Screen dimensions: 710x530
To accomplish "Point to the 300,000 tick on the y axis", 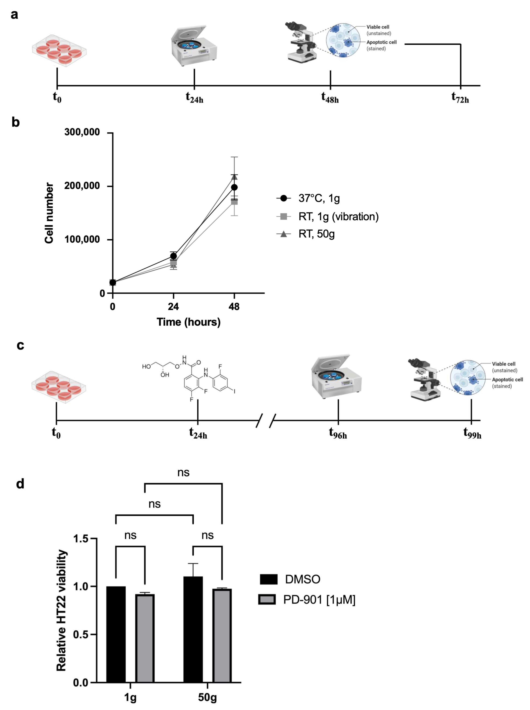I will [x=82, y=132].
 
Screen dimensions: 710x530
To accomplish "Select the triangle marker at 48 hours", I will [x=234, y=177].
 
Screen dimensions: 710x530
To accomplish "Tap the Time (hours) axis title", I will [x=189, y=322].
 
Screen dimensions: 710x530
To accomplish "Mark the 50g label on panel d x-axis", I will [x=207, y=697].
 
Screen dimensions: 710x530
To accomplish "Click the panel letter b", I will [x=15, y=122].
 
